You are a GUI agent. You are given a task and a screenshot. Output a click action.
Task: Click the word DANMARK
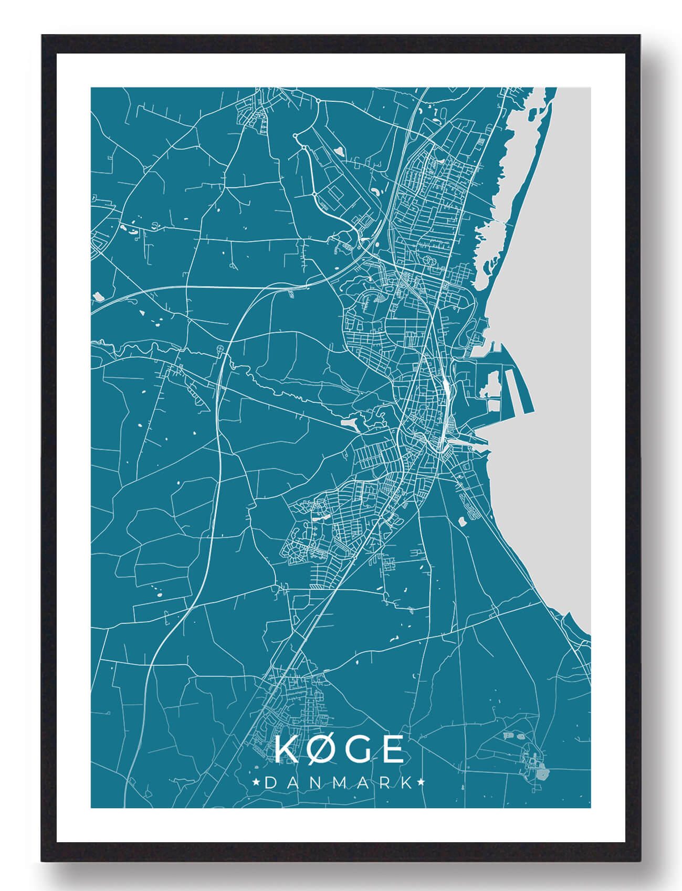339,783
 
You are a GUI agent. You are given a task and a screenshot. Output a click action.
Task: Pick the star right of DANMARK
421,783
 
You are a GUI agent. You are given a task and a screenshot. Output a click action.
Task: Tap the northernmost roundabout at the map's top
318,100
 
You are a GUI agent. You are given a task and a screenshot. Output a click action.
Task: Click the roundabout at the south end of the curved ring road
314,195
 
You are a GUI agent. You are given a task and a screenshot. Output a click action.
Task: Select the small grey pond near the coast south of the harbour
463,522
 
